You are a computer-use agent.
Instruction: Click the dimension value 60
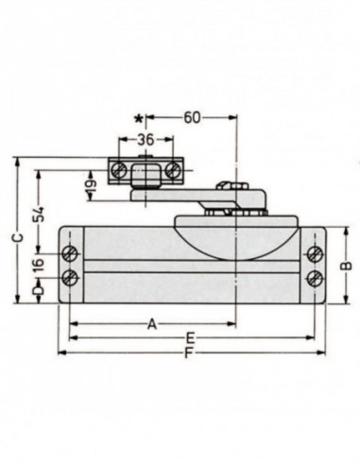click(x=193, y=117)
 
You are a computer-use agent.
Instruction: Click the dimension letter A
click(x=150, y=323)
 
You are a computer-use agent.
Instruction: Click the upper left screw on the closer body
click(x=71, y=254)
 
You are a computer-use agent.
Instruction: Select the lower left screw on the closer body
click(x=71, y=277)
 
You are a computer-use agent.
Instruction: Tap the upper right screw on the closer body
click(x=314, y=254)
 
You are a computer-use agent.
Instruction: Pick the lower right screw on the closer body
click(x=314, y=277)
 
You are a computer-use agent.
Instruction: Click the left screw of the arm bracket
click(x=120, y=168)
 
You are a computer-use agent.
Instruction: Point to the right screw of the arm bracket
click(x=173, y=168)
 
